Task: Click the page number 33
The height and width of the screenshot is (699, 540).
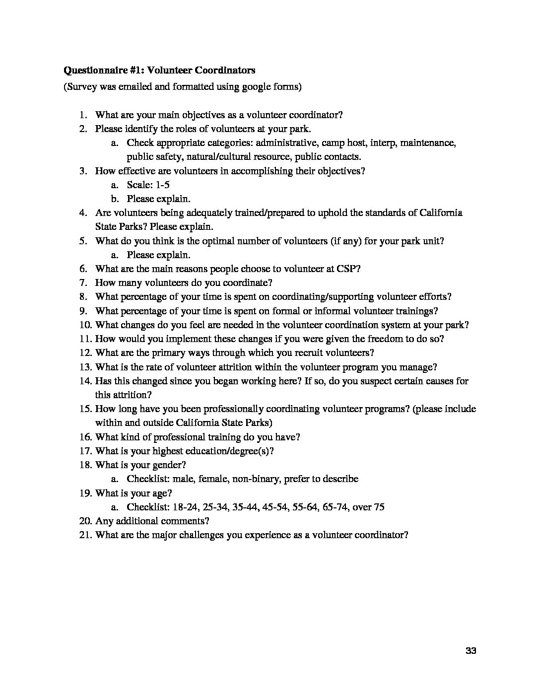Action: point(471,651)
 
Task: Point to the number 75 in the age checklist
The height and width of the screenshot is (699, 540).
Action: point(379,507)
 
